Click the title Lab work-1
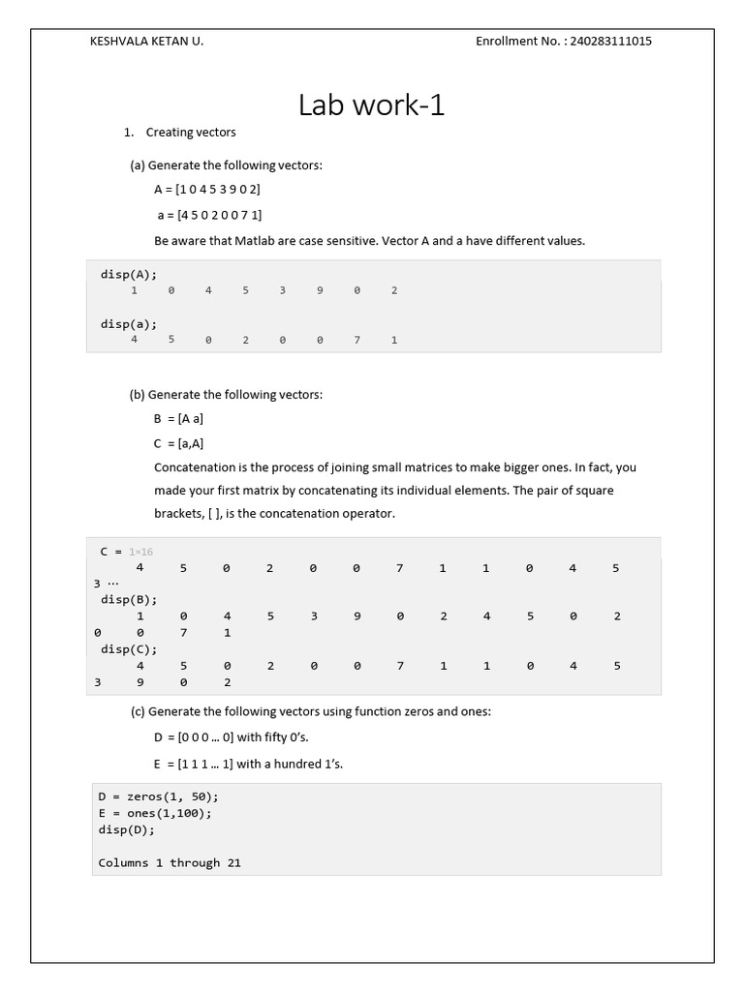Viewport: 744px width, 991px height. point(372,105)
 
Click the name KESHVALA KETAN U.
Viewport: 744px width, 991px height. point(146,42)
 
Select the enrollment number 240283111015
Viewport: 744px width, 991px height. point(610,42)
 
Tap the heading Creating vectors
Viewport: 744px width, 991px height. point(191,132)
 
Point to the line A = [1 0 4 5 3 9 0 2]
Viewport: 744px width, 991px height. point(207,190)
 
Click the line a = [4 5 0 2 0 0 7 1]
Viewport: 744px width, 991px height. point(209,215)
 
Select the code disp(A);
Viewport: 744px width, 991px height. point(128,274)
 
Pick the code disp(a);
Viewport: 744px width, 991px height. point(128,324)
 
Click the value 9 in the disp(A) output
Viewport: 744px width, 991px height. point(319,290)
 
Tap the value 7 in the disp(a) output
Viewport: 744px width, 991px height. point(356,341)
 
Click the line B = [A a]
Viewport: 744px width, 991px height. point(178,419)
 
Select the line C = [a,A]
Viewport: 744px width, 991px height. point(178,443)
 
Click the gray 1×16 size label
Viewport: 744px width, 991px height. point(140,552)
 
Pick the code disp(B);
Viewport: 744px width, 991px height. point(128,599)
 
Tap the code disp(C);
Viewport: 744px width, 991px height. point(128,649)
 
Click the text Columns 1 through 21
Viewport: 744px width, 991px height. point(170,862)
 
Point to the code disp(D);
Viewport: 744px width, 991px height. point(126,829)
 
